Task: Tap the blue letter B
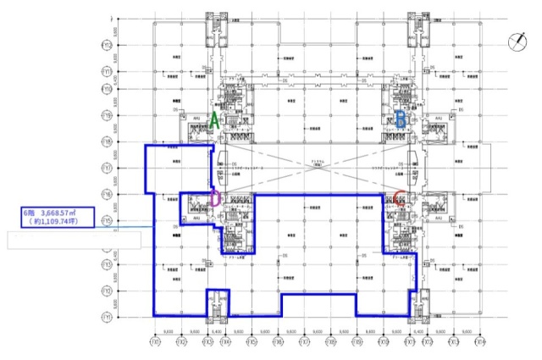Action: click(x=400, y=119)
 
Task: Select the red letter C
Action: click(x=400, y=201)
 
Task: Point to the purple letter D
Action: click(x=215, y=199)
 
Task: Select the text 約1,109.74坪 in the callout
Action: click(x=59, y=223)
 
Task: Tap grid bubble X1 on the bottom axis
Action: click(x=154, y=342)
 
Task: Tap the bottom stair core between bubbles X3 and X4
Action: click(x=218, y=303)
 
